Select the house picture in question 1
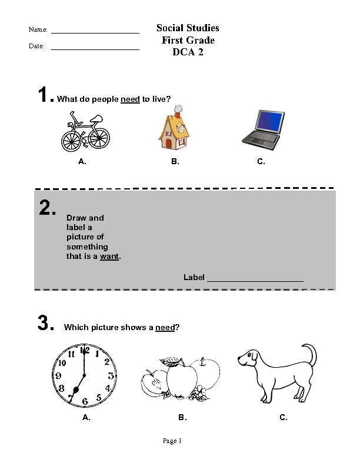click(x=174, y=128)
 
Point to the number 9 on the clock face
click(x=59, y=375)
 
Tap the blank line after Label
click(x=255, y=281)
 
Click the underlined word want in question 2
click(x=109, y=257)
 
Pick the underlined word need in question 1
click(x=130, y=99)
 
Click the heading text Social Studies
click(x=188, y=28)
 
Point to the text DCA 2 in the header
click(x=188, y=52)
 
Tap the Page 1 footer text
click(x=172, y=441)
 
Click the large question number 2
click(x=47, y=208)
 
